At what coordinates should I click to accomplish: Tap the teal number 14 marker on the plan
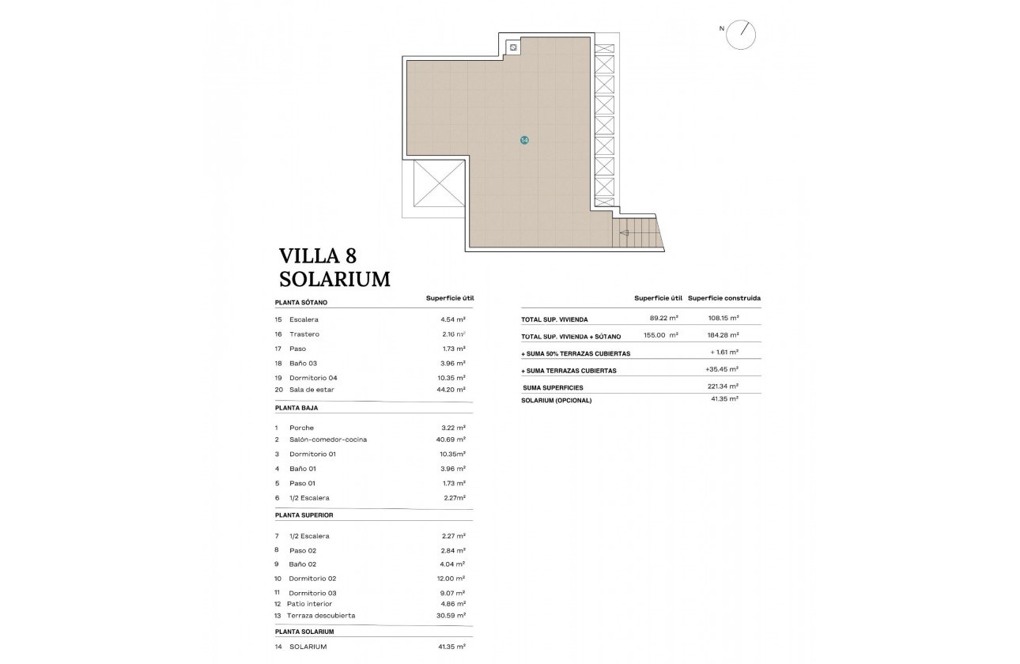click(524, 140)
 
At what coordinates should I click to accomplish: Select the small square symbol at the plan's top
click(513, 48)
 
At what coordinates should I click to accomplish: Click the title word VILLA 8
click(318, 255)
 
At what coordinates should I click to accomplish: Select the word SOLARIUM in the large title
click(334, 279)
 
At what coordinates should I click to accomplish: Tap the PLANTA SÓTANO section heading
click(300, 302)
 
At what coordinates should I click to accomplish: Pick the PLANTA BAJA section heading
click(297, 408)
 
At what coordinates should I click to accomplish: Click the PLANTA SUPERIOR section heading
click(304, 515)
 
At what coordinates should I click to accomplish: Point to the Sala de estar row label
click(312, 390)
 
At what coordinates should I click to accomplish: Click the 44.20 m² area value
click(452, 390)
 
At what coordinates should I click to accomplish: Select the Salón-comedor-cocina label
click(328, 440)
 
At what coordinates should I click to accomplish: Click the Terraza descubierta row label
click(322, 615)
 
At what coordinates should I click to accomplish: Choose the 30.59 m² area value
click(452, 615)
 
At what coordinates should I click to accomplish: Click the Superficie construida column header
click(724, 298)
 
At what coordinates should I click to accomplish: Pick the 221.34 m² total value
click(723, 386)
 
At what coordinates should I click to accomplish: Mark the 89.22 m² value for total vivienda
click(663, 319)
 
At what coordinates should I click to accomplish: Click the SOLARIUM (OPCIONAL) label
click(556, 400)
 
